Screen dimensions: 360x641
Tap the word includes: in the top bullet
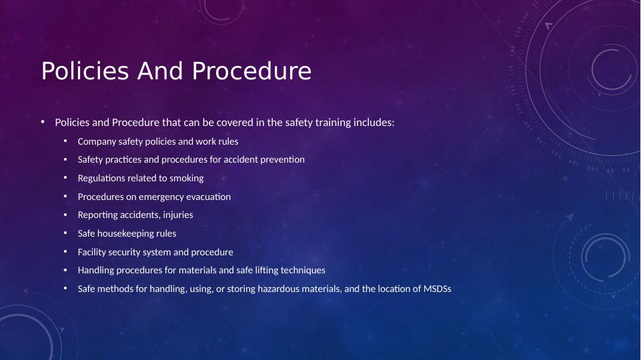click(x=374, y=123)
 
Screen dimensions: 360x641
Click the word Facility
click(x=92, y=252)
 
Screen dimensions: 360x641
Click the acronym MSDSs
click(x=438, y=289)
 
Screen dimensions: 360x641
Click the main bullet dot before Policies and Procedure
click(x=43, y=122)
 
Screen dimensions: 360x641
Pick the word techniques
click(x=303, y=270)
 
